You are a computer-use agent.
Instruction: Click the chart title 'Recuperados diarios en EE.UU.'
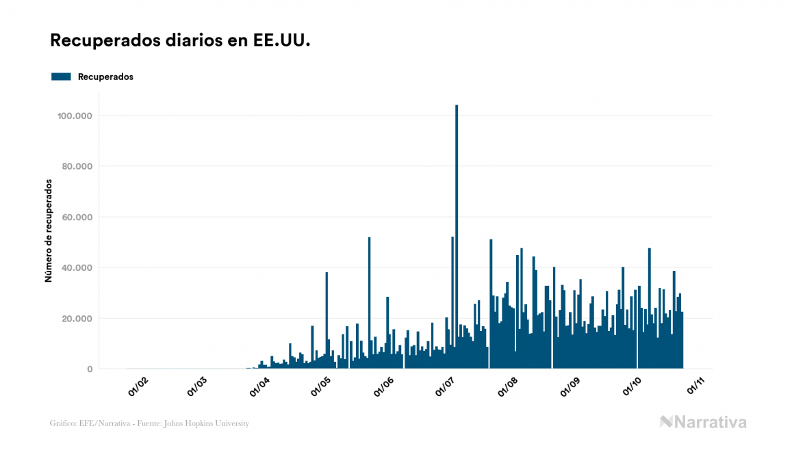pos(180,41)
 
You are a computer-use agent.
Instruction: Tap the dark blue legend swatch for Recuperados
pos(62,77)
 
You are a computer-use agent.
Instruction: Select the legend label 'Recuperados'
pos(105,77)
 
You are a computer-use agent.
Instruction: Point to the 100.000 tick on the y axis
pos(75,116)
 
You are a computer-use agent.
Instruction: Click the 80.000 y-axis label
pos(77,166)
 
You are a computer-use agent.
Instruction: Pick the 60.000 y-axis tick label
pos(77,217)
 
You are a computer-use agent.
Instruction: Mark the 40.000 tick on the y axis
pos(77,267)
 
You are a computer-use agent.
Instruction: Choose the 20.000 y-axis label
pos(77,318)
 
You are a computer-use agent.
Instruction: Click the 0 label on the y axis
pos(90,369)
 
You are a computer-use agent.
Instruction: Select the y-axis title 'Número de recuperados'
pos(49,231)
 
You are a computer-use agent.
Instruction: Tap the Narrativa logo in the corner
pos(703,422)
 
